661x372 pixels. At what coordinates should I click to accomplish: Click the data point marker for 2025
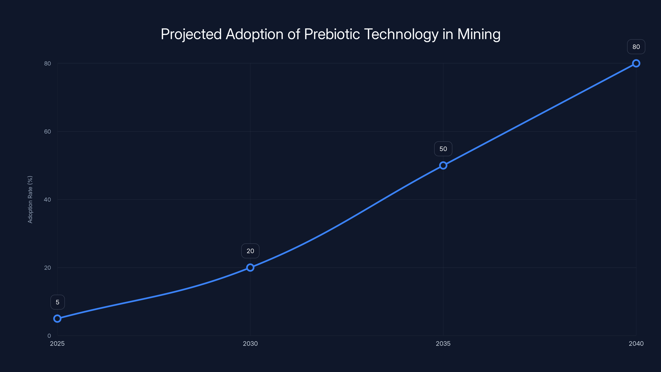(x=57, y=319)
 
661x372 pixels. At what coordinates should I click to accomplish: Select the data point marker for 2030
(x=250, y=267)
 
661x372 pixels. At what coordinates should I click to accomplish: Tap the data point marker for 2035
(x=443, y=165)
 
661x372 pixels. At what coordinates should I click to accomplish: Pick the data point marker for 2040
(x=636, y=63)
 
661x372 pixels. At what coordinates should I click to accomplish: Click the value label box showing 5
(x=57, y=302)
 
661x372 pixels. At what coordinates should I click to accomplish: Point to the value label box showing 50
(x=443, y=149)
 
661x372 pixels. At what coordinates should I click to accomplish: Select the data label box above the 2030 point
(x=250, y=251)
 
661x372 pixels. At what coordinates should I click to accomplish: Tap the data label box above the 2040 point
(x=636, y=47)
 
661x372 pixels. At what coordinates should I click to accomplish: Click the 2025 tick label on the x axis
(x=57, y=343)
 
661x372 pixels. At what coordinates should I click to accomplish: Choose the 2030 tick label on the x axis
(x=250, y=343)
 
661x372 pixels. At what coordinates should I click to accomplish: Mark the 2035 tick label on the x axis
(x=443, y=343)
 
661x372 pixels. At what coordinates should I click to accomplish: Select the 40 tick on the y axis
(x=48, y=199)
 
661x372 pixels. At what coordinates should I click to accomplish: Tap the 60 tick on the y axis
(x=48, y=131)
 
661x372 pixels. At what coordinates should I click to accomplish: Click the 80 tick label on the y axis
(x=48, y=63)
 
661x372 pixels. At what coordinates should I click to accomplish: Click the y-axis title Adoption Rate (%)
(x=30, y=199)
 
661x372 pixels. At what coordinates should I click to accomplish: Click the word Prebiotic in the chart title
(x=332, y=34)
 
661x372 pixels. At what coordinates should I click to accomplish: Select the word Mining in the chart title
(x=479, y=34)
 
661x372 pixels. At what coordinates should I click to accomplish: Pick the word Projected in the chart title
(x=191, y=34)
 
